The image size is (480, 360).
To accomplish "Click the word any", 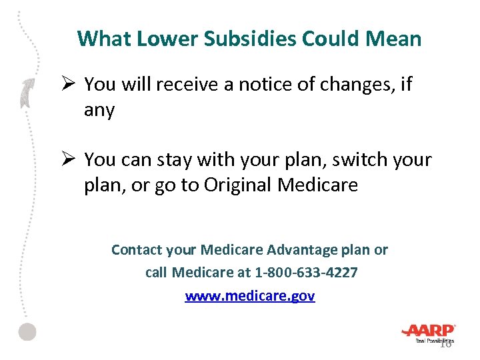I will (x=99, y=109).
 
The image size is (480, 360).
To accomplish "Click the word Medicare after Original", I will (x=315, y=185).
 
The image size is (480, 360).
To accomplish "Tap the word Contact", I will (x=137, y=249).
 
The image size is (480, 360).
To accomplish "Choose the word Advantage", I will (x=303, y=249).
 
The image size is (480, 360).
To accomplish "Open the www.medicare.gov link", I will (x=249, y=295).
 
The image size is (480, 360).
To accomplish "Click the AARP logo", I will (x=428, y=331).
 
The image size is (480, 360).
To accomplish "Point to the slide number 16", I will (x=445, y=344).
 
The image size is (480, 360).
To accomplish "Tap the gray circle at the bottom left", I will (x=27, y=332).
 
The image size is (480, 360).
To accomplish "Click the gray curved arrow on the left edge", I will (x=27, y=93).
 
